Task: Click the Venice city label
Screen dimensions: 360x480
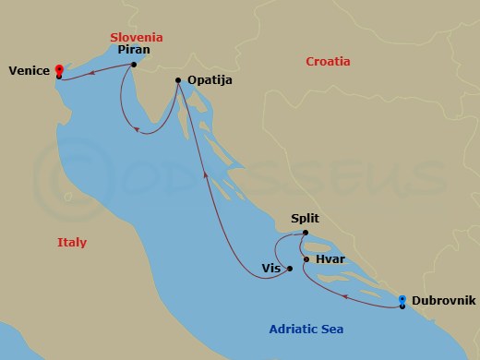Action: [x=29, y=71]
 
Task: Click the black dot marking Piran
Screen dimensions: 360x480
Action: [x=135, y=65]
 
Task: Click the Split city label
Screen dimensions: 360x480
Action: [x=305, y=220]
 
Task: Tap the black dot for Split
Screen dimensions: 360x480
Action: [x=305, y=233]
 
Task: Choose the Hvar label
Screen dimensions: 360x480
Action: [x=330, y=260]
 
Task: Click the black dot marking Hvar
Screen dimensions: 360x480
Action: [x=306, y=259]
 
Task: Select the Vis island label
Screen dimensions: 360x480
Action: [x=270, y=270]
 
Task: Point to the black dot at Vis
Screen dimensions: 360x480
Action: [x=290, y=269]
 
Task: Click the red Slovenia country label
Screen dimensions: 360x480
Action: [x=136, y=37]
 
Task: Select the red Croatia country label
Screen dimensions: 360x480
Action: [x=328, y=62]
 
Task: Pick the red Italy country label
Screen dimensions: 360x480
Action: [x=71, y=243]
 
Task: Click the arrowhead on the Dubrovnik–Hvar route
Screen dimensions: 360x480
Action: [x=344, y=297]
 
